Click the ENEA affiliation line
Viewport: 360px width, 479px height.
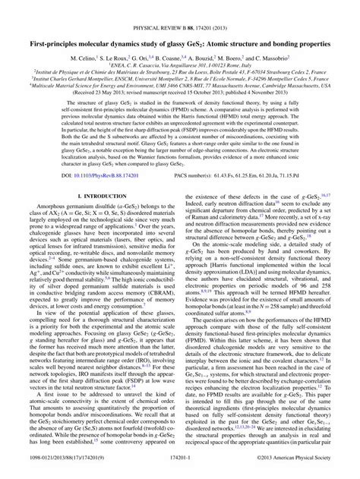coord(180,43)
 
